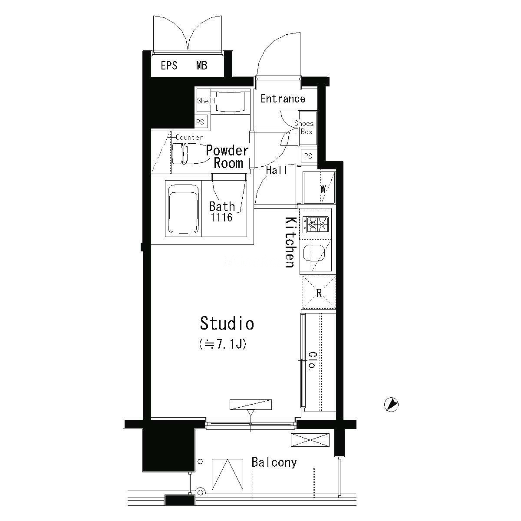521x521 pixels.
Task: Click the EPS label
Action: (169, 66)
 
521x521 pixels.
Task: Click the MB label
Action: (202, 66)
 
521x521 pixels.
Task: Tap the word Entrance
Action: (283, 99)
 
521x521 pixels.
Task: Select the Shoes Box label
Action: (304, 128)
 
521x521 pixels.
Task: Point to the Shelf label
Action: (206, 101)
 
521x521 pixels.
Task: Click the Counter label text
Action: (189, 137)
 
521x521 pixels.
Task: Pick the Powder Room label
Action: (227, 157)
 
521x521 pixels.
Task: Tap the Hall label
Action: (277, 170)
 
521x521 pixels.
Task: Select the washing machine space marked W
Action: (319, 188)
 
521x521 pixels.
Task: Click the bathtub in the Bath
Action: (183, 209)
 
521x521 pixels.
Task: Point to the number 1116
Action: (221, 218)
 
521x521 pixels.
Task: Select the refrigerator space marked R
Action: (319, 292)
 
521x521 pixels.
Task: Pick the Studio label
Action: (227, 323)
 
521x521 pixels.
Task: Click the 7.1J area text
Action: (223, 344)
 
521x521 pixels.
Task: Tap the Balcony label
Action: (274, 462)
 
